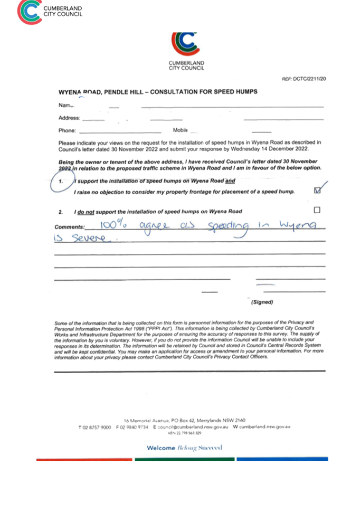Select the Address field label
click(x=69, y=118)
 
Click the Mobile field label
click(x=180, y=130)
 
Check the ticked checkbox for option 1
click(x=317, y=191)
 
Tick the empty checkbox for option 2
click(x=317, y=210)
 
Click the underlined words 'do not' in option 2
click(x=86, y=212)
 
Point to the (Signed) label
click(x=262, y=302)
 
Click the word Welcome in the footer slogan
click(x=160, y=448)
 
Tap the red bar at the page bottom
click(x=84, y=459)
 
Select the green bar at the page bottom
click(x=184, y=459)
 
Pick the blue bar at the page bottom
click(x=282, y=459)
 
